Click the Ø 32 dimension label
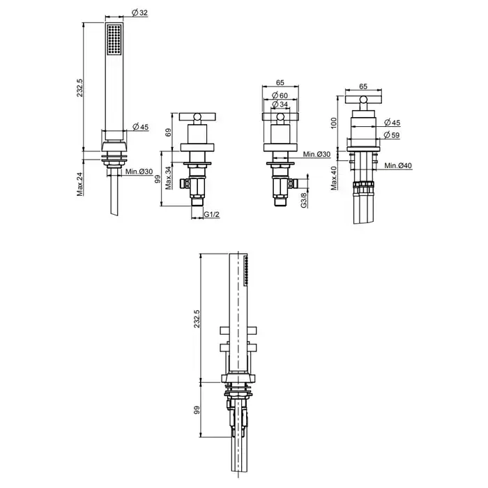coord(139,13)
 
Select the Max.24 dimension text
coord(80,184)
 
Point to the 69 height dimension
coord(168,132)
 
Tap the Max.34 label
coord(169,178)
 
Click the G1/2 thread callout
coord(212,215)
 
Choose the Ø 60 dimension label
coord(280,96)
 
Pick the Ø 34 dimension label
coord(280,105)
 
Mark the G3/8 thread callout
coord(304,200)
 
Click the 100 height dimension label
coord(334,123)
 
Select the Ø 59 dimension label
coord(392,135)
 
